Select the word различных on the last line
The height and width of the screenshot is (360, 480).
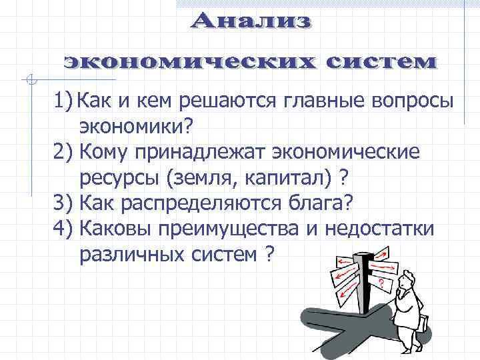126,254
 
